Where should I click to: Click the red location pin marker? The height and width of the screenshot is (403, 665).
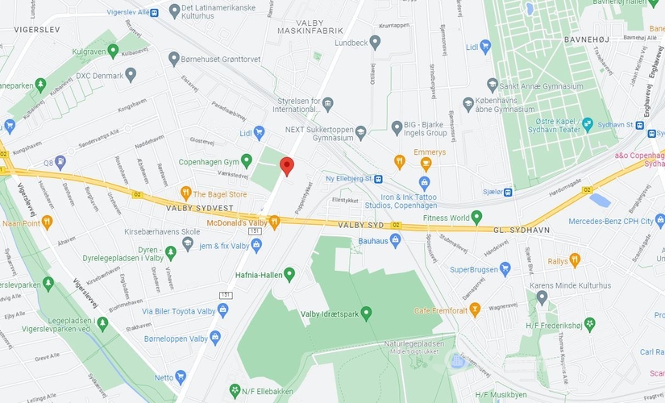[x=286, y=166]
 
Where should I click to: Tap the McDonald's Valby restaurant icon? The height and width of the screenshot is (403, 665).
[x=274, y=222]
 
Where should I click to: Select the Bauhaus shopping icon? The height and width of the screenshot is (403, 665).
[x=395, y=240]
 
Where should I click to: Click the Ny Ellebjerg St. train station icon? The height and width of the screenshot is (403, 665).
[x=377, y=179]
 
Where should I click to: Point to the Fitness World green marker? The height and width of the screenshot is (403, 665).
[x=476, y=217]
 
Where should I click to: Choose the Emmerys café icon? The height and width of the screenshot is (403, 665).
[x=398, y=160]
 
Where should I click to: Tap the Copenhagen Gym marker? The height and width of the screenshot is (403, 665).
[x=247, y=160]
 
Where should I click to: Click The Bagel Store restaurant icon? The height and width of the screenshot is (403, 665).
[x=186, y=193]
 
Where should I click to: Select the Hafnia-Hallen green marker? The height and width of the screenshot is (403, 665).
[x=289, y=275]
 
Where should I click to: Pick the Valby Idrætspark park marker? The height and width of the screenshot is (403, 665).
[x=366, y=314]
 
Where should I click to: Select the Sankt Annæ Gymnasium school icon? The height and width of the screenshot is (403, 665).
[x=493, y=84]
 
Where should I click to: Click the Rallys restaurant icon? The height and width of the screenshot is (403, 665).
[x=575, y=260]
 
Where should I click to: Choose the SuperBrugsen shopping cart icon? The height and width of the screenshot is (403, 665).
[x=505, y=269]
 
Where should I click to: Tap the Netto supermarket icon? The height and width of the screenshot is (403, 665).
[x=181, y=376]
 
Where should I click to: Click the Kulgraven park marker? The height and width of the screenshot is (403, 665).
[x=114, y=50]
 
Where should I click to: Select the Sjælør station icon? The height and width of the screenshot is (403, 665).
[x=508, y=192]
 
